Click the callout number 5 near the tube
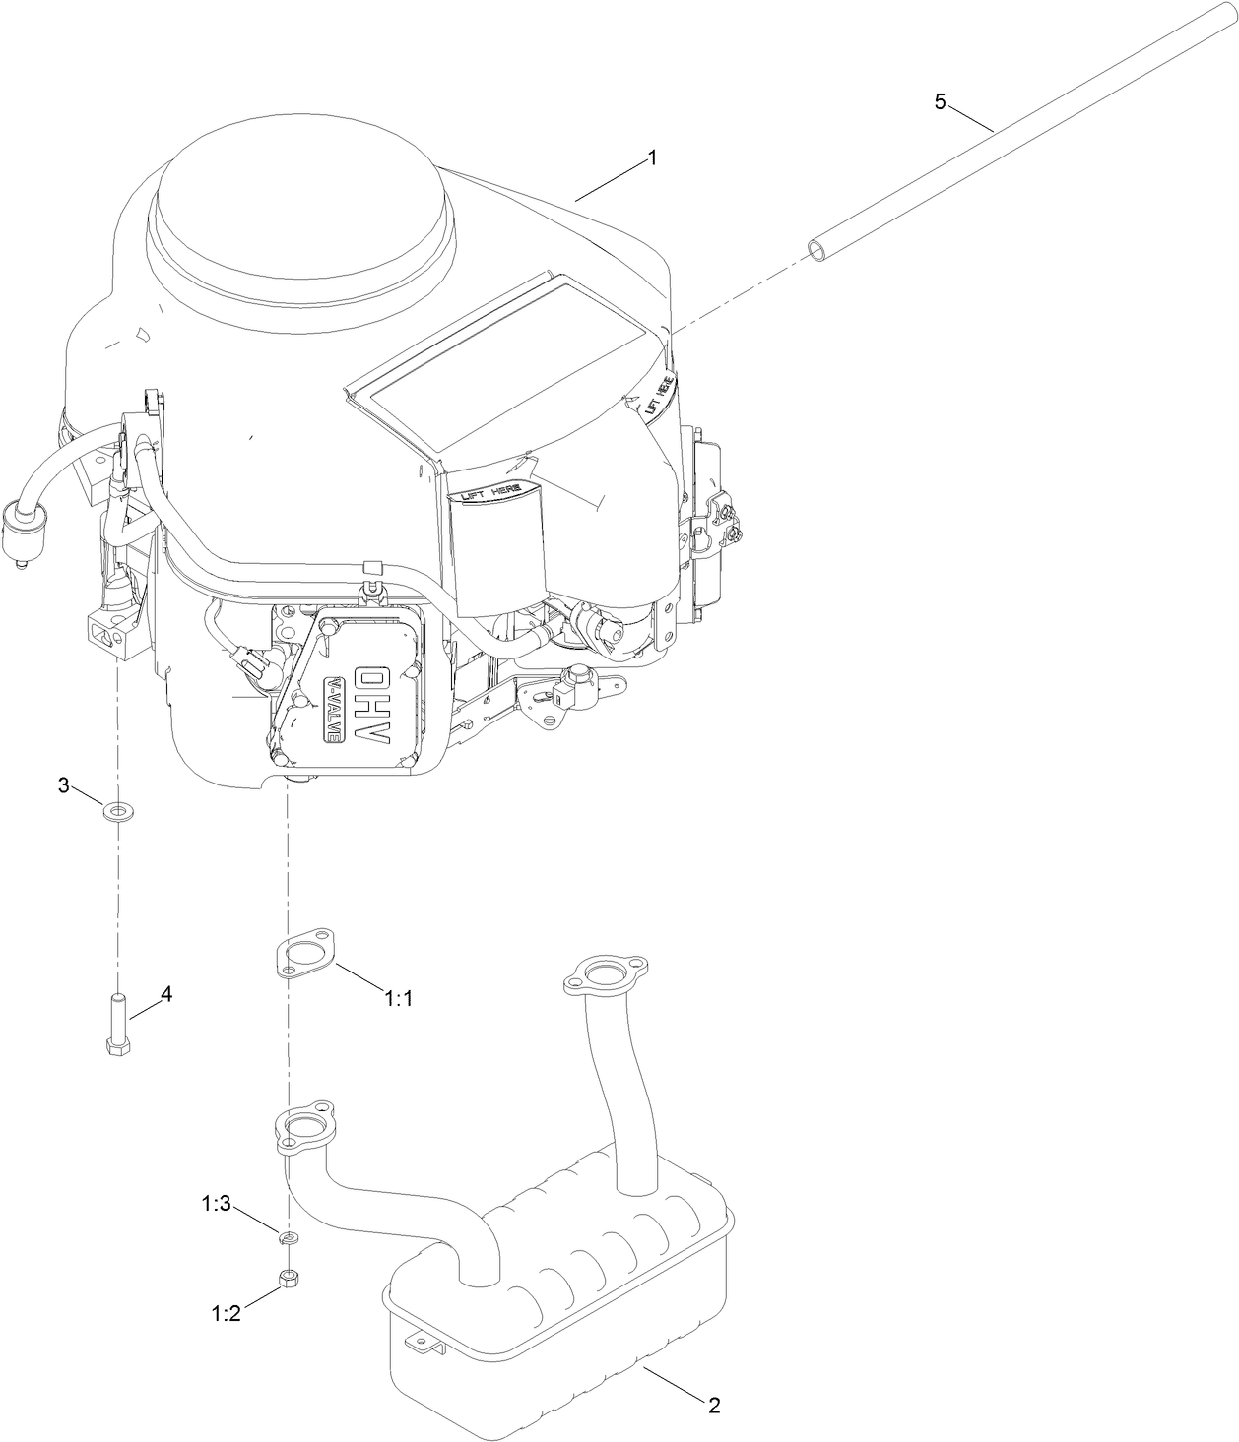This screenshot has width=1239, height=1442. click(940, 101)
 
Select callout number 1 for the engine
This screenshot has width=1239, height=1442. click(651, 157)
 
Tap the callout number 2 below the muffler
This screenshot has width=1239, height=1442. click(714, 1405)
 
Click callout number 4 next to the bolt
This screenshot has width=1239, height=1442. click(165, 994)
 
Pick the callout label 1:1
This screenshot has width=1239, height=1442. click(398, 998)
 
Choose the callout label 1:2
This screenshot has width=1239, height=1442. click(226, 1313)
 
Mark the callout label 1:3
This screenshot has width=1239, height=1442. click(217, 1203)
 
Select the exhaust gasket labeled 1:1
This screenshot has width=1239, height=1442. click(304, 952)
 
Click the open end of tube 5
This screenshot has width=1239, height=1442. click(819, 249)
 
